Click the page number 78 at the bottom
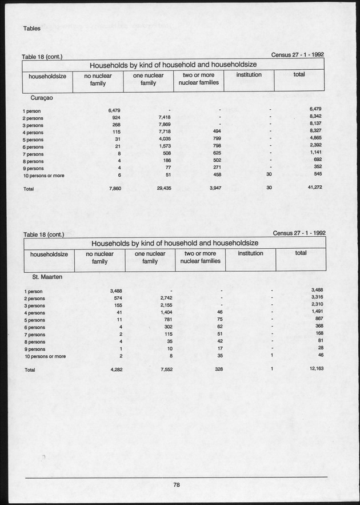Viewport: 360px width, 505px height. [177, 485]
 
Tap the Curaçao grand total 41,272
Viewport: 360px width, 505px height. [314, 187]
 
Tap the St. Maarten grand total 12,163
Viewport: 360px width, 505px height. [315, 369]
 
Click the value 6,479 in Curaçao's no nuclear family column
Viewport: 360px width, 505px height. [113, 109]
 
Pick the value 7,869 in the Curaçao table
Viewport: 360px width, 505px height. [165, 124]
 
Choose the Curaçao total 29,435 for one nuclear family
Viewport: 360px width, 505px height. [163, 187]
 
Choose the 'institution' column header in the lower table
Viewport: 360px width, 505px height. [250, 253]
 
